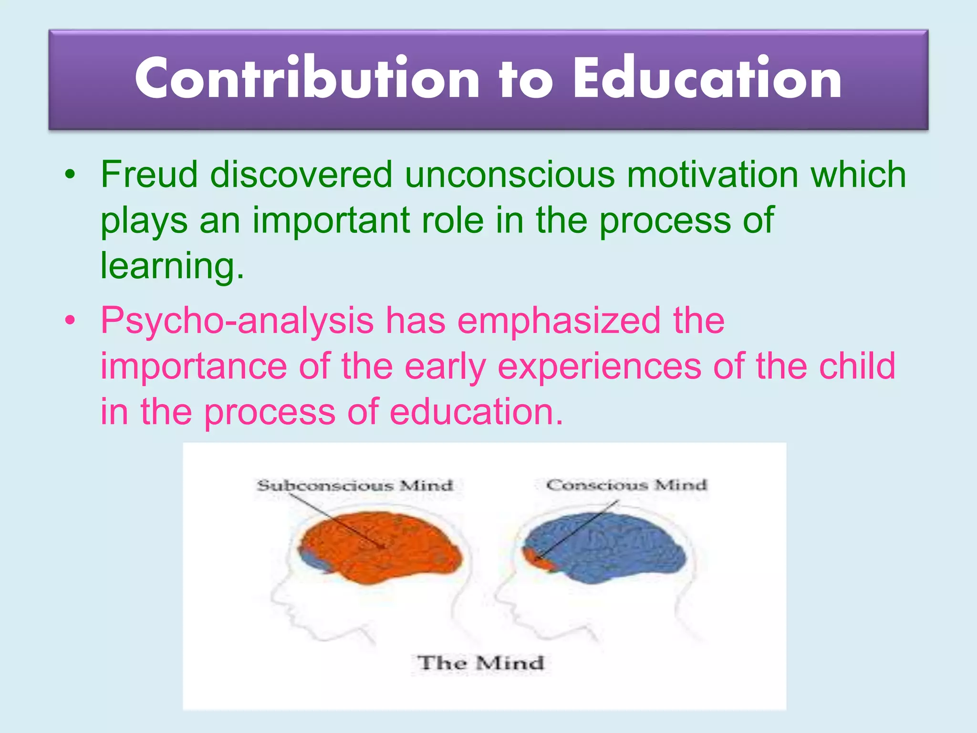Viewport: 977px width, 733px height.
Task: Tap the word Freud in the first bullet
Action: click(149, 175)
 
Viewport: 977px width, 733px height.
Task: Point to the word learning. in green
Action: click(172, 266)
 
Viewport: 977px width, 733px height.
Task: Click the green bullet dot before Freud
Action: click(70, 175)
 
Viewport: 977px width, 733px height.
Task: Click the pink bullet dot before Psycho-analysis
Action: click(70, 321)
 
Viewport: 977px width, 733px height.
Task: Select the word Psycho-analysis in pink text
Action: click(237, 321)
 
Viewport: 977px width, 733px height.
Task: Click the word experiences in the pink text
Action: click(599, 366)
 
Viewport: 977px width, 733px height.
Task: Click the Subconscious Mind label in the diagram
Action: click(354, 486)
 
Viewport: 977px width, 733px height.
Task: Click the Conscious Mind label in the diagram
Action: click(626, 485)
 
